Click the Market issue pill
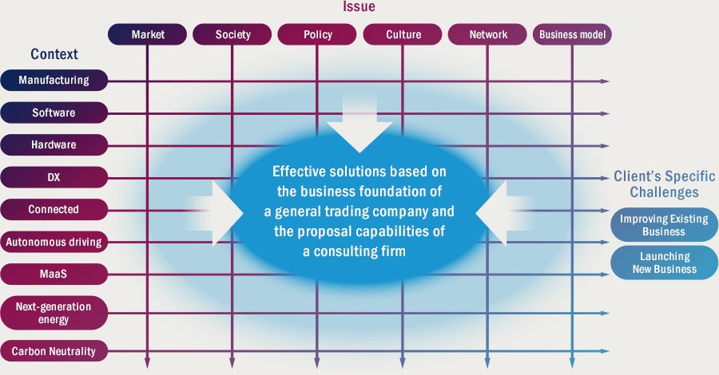pos(147,34)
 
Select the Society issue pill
pos(232,34)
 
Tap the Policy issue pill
pos(317,34)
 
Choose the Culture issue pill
pos(403,34)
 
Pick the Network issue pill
pos(487,34)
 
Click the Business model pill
pos(572,34)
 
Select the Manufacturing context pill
pos(54,80)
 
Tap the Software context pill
pos(54,112)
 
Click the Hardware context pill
pos(54,144)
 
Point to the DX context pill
pos(54,177)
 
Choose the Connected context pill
pos(54,209)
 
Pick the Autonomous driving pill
pos(54,242)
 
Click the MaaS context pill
pos(54,274)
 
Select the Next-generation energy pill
pos(54,313)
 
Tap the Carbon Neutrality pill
pos(54,351)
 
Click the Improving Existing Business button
pos(664,225)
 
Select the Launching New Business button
pos(664,262)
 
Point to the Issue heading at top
pos(359,6)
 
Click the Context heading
pos(54,54)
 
